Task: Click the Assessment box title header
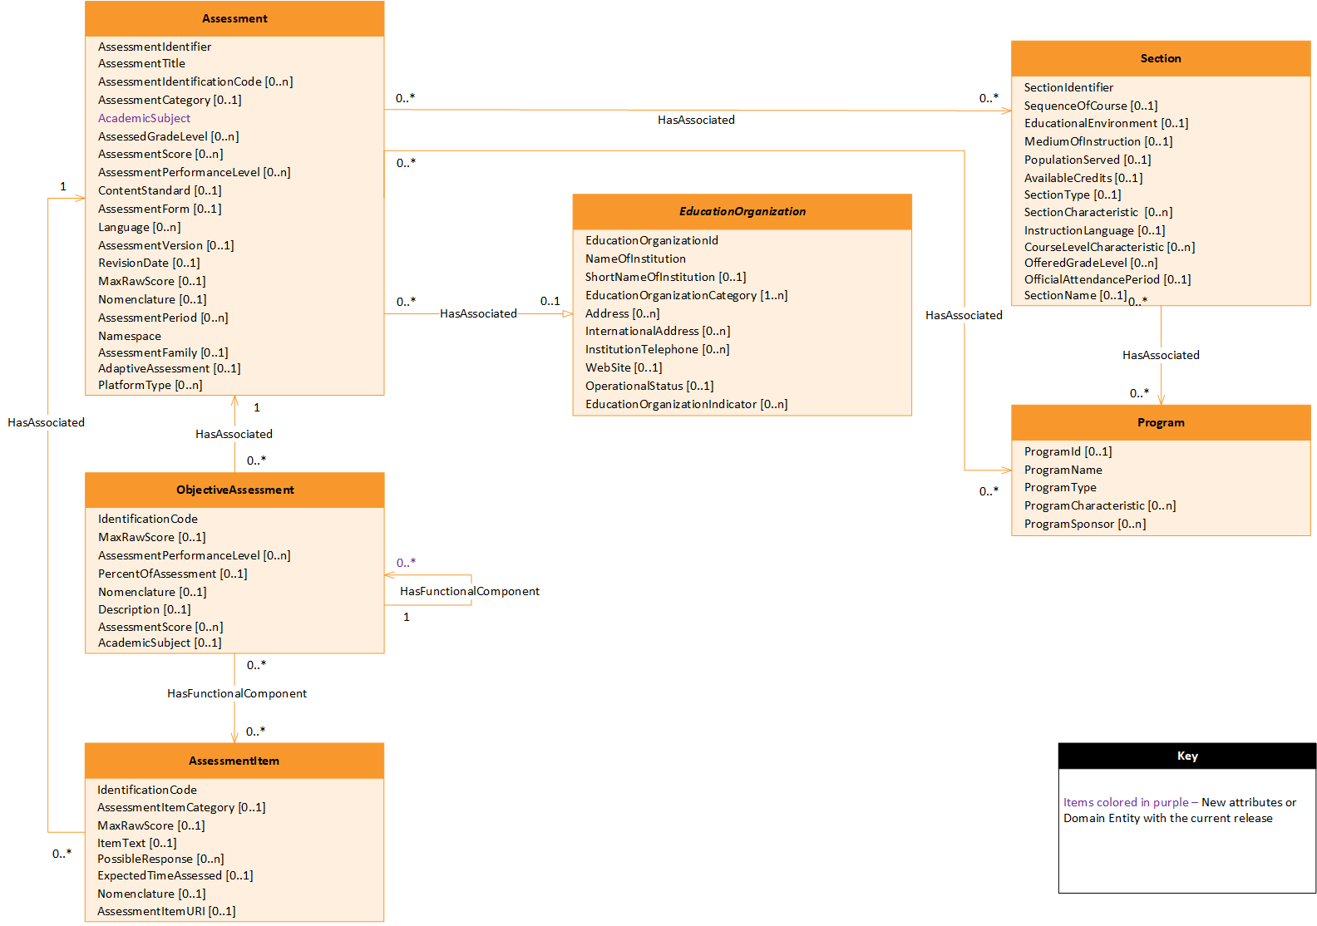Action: point(234,18)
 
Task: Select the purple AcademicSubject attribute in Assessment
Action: point(144,118)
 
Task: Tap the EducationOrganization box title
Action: point(742,211)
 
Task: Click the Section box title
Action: point(1160,58)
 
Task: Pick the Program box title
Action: point(1160,422)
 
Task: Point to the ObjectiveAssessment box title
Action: point(234,490)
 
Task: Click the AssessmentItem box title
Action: point(234,761)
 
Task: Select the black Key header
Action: point(1186,756)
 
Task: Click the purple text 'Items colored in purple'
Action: point(1125,802)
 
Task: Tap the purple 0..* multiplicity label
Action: point(406,563)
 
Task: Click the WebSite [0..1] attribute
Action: point(623,367)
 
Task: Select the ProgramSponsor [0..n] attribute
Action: point(1084,524)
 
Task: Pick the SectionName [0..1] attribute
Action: point(1074,295)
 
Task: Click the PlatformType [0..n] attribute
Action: point(150,385)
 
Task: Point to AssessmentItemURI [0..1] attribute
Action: point(165,911)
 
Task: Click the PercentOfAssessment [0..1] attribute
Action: point(172,574)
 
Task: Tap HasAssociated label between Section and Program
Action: point(1160,355)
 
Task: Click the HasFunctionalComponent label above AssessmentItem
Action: point(236,693)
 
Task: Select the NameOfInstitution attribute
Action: point(634,259)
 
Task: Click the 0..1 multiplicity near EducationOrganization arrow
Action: point(550,301)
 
